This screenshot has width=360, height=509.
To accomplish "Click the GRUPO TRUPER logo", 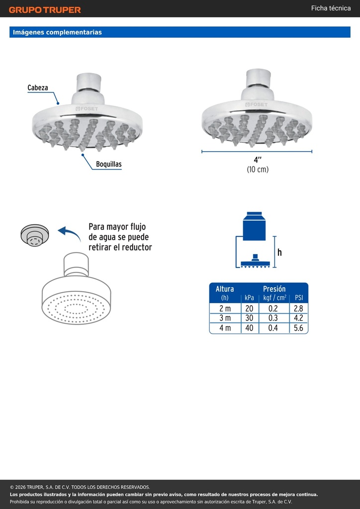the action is click(45, 10).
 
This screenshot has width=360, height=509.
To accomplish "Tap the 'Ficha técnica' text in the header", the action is click(331, 8).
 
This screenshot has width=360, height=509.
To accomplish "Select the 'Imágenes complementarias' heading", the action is click(57, 32).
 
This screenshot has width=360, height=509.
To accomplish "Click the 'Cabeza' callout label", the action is click(38, 87).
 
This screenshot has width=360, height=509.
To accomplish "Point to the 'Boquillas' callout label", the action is click(109, 164).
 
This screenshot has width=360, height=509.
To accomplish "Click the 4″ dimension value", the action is click(258, 160).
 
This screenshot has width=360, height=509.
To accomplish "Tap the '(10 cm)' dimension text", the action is click(258, 170).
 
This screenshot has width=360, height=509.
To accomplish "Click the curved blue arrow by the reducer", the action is click(70, 234).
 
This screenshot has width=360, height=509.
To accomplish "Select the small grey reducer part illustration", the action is click(35, 235).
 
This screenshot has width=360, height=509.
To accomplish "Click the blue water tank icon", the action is click(254, 226).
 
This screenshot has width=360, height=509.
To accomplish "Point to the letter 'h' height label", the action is click(279, 252).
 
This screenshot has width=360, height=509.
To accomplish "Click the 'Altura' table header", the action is click(225, 289).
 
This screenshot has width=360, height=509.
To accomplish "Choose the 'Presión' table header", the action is click(274, 289).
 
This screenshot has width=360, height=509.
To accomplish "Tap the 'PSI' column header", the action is click(299, 298).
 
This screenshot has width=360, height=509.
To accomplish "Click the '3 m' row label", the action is click(225, 318).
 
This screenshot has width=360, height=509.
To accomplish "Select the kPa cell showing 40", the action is click(249, 328).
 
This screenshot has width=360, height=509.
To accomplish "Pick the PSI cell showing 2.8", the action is click(298, 308).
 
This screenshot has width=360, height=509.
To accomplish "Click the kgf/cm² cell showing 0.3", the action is click(273, 318).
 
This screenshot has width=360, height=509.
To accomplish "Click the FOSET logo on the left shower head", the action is click(87, 109).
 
